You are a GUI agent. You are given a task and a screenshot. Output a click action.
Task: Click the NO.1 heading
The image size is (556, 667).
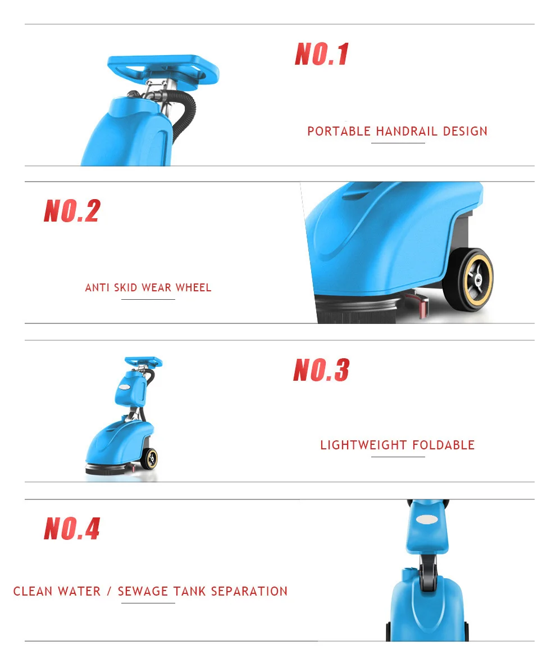click(322, 55)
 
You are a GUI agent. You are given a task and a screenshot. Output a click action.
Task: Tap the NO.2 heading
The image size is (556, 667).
click(72, 211)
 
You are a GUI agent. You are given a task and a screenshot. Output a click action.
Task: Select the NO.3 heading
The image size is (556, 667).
click(321, 370)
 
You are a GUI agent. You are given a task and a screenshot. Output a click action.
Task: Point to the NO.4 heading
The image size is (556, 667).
click(72, 529)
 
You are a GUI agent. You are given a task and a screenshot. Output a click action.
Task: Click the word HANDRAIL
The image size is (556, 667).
click(407, 132)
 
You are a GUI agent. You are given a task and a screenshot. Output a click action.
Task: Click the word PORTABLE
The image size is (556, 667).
click(339, 132)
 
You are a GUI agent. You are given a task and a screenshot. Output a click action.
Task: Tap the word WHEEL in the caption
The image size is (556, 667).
click(194, 288)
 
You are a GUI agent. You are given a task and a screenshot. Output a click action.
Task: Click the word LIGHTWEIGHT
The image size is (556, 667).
click(363, 445)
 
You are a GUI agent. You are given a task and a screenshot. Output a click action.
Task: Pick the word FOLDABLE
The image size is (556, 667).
click(444, 445)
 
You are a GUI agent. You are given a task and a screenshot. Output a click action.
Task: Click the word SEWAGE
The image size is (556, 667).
click(143, 592)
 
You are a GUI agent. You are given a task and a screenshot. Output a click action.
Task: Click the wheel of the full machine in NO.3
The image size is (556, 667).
click(149, 458)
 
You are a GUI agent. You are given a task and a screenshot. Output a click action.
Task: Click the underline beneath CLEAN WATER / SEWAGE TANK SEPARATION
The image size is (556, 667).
click(148, 603)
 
